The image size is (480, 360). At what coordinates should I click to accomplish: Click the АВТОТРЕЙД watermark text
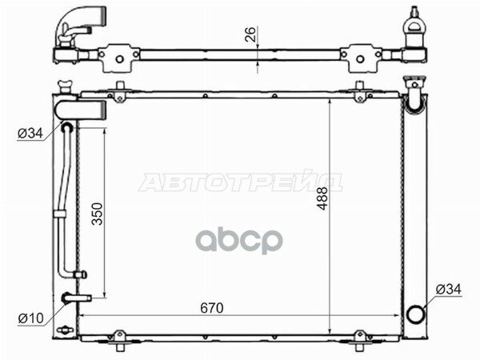click(x=240, y=182)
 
